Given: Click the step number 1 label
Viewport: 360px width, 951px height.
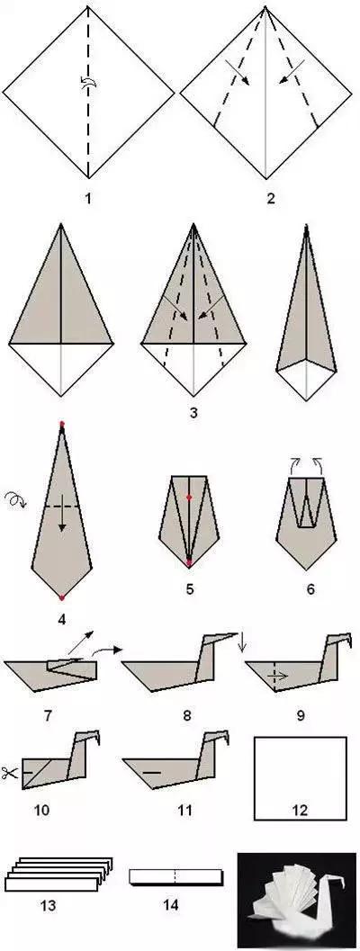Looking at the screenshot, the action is (88, 198).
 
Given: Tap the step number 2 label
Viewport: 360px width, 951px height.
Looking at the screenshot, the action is (271, 198).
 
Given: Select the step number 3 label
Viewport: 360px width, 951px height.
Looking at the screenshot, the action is (193, 414).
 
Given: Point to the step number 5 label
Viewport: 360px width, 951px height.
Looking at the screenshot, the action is (190, 588).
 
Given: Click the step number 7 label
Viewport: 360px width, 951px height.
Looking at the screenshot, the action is (48, 715).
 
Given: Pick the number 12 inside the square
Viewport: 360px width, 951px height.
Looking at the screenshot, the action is (300, 810).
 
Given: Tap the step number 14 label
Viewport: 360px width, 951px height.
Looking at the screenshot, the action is (171, 905).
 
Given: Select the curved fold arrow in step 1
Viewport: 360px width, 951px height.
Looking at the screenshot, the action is (87, 84).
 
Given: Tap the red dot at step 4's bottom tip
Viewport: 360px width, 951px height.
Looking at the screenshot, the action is (62, 597).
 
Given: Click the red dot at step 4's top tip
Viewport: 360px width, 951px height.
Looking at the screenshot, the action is (62, 424).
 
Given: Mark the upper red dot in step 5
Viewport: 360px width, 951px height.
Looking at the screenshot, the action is (189, 498).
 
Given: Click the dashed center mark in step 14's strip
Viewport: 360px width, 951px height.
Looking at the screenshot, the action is (175, 876).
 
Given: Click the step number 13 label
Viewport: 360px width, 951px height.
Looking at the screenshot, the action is (48, 906).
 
